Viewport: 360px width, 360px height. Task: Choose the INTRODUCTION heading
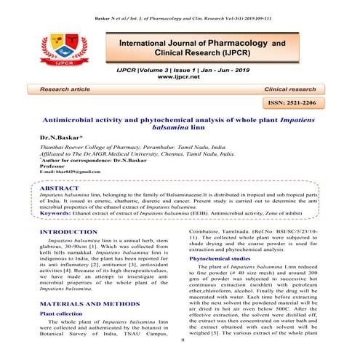click(69, 232)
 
